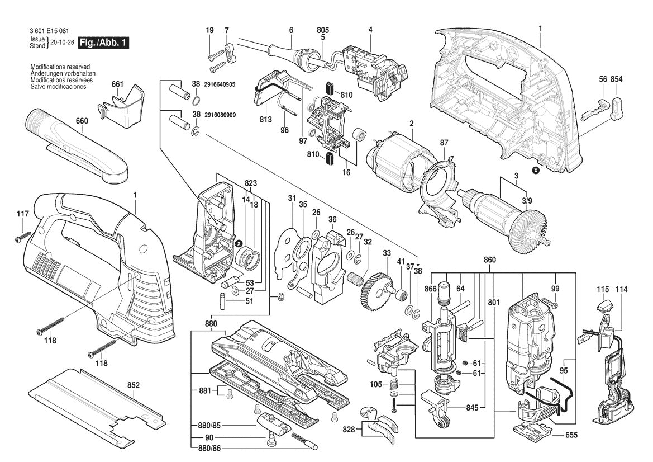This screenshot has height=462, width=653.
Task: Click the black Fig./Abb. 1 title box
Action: pos(104,43)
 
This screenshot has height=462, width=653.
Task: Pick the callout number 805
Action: pos(323,30)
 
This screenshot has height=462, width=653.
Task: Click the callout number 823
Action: pos(251,183)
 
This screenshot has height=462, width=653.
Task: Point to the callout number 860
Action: pos(489,261)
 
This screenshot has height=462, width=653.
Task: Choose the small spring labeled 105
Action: pos(395,385)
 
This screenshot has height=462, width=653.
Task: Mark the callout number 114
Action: pos(622,289)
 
